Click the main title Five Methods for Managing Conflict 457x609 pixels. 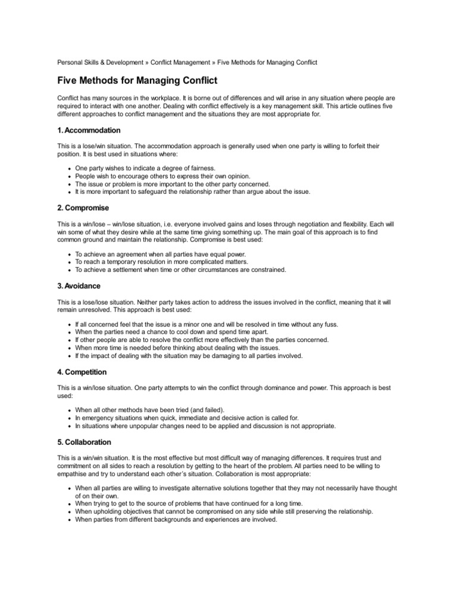[137, 80]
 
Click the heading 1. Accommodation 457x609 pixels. [89, 130]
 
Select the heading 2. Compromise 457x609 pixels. [83, 209]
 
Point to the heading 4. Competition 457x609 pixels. [82, 372]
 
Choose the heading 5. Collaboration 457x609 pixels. [84, 442]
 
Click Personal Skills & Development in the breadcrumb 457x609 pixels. [101, 62]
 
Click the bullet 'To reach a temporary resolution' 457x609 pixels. [162, 262]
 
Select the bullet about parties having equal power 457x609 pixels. [161, 254]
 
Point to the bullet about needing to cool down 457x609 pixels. [172, 332]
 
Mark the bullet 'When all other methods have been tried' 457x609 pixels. [150, 410]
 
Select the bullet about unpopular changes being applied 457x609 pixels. [205, 426]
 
